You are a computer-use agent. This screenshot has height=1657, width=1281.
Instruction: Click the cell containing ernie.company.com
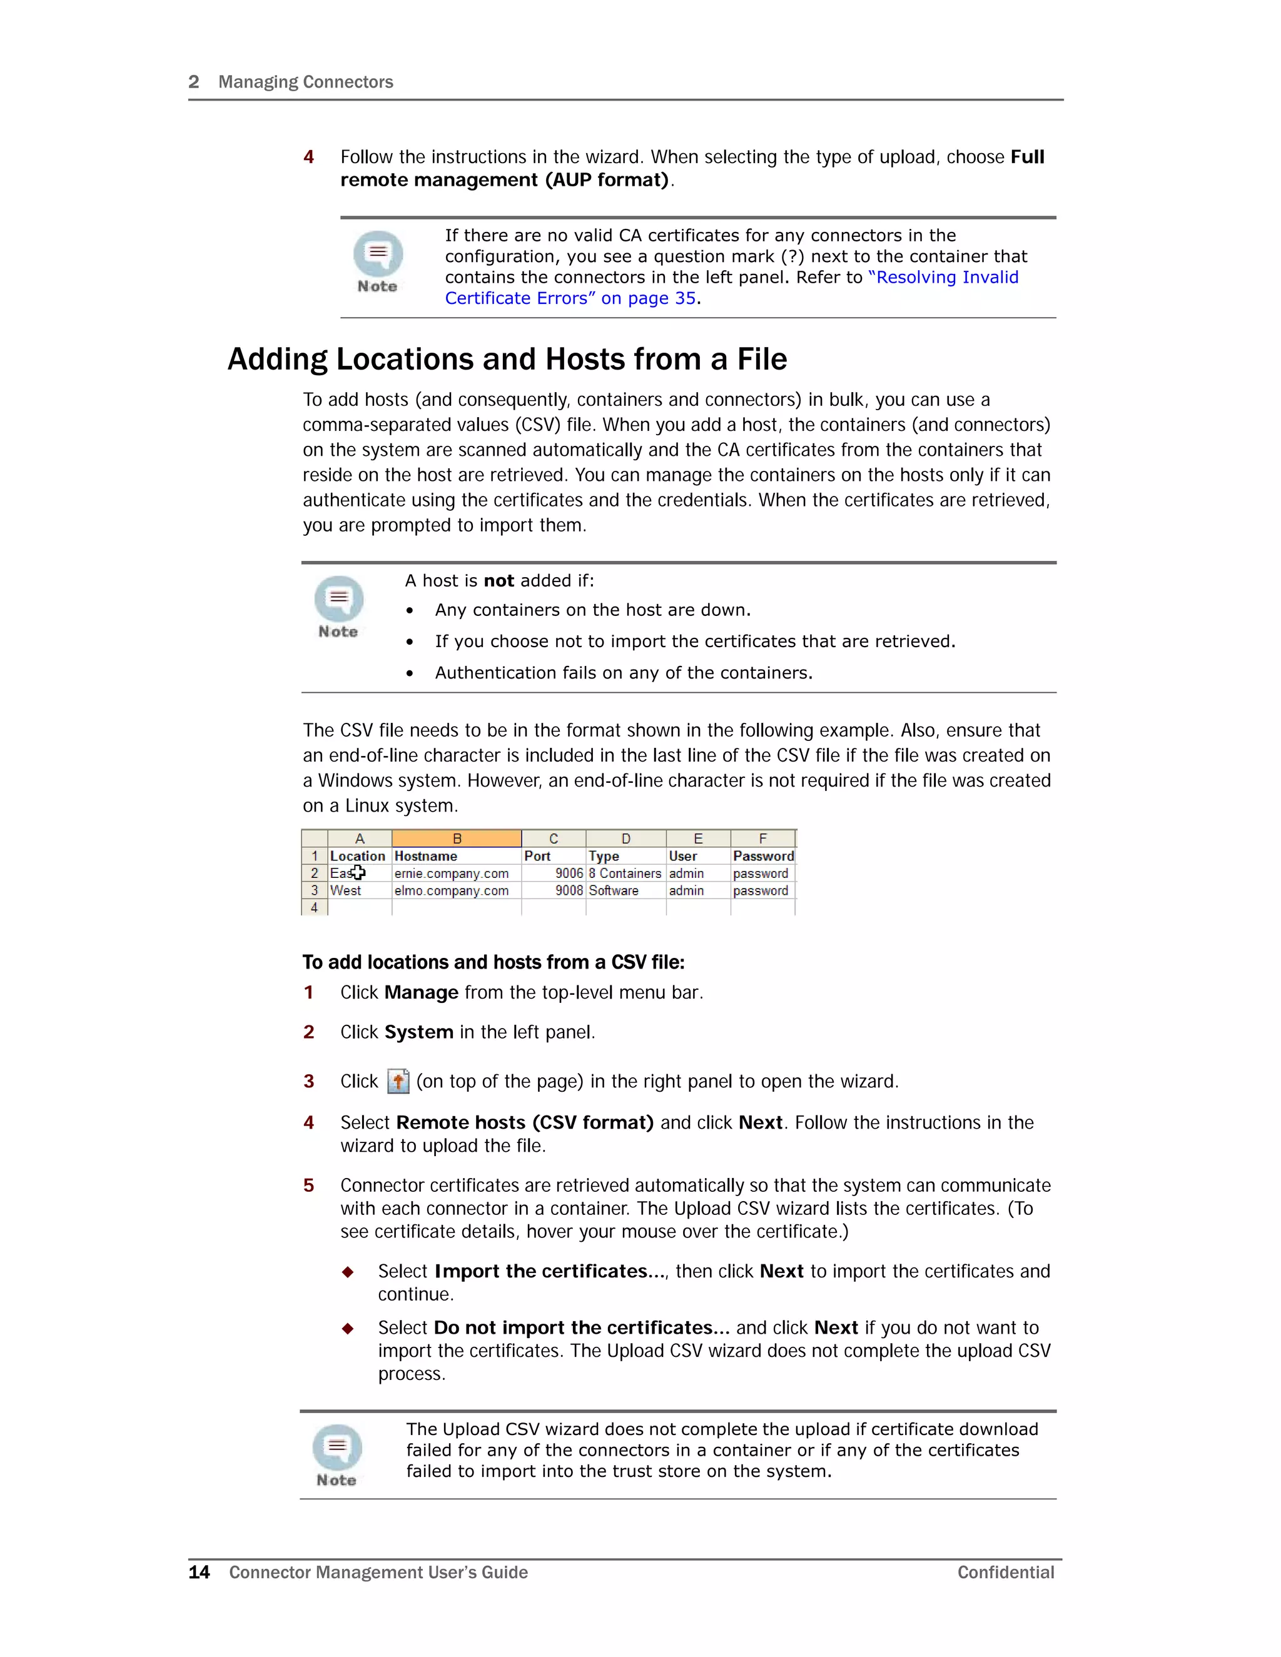pos(452,874)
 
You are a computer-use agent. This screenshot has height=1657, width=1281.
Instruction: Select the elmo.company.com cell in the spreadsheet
pos(452,890)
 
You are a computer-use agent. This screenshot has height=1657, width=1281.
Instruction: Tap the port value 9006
pos(569,874)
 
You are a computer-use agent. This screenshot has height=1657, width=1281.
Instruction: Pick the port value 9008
pos(569,890)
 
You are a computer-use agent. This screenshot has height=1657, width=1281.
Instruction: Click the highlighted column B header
pos(456,839)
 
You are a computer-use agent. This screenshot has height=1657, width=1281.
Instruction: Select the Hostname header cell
pos(426,856)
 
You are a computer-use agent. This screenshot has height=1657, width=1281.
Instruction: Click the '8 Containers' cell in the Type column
pos(625,874)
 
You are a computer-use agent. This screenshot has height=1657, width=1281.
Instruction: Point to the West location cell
pos(345,890)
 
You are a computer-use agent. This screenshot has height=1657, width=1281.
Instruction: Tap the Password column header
pos(762,856)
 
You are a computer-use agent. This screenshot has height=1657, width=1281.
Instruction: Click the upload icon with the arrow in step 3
pos(398,1081)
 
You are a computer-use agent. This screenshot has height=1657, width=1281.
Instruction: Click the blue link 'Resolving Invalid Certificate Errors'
pos(946,278)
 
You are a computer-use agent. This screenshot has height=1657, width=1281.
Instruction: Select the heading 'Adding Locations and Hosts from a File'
pos(507,359)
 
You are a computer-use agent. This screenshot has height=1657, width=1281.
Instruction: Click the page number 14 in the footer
pos(199,1572)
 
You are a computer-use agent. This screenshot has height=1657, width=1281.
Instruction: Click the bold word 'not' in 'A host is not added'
pos(499,580)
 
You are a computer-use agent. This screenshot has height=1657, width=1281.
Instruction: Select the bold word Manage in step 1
pos(420,992)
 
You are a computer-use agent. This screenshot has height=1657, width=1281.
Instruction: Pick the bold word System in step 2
pos(418,1032)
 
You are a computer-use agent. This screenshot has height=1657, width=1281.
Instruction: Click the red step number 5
pos(309,1185)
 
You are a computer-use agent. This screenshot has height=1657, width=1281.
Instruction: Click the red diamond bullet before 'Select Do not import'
pos(348,1327)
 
